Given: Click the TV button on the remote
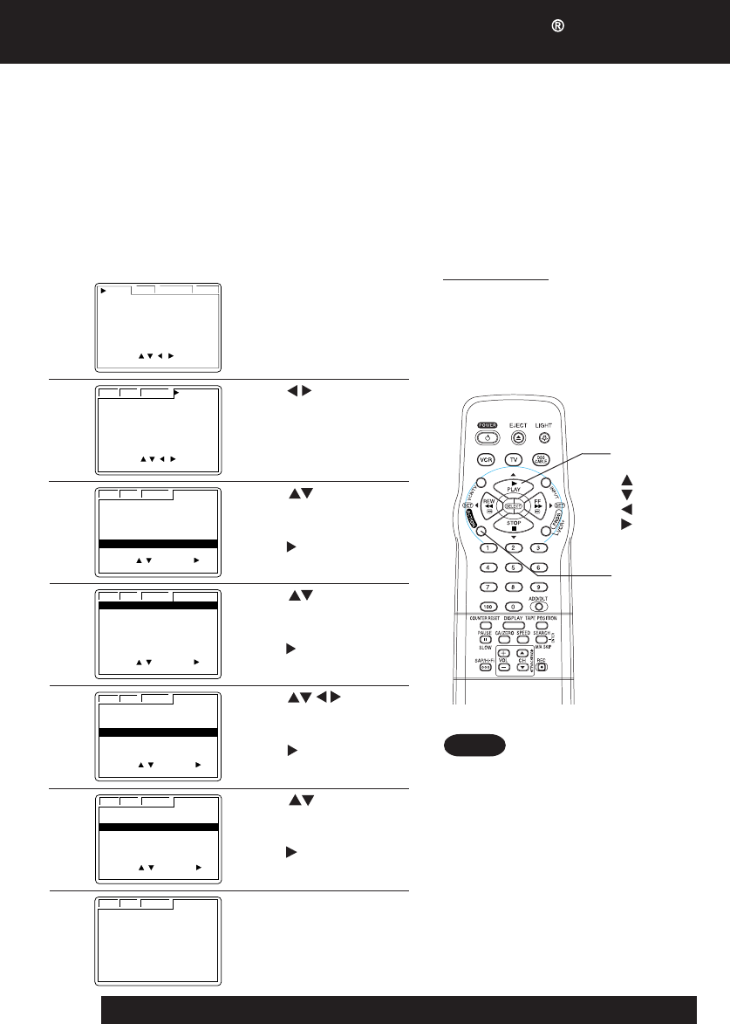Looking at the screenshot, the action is coord(514,459).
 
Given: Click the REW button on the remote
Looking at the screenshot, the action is coord(488,505).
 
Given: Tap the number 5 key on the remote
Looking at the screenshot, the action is coord(514,567).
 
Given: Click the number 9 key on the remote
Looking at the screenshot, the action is coord(540,586).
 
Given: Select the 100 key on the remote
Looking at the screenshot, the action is coord(488,605).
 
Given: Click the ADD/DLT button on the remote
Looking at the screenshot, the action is coord(541,606).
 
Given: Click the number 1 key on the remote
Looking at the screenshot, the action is coord(488,547).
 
